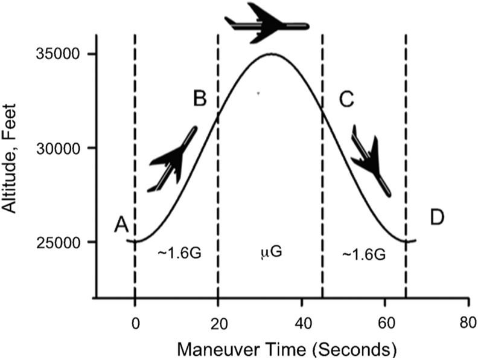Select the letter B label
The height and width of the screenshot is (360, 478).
click(x=200, y=99)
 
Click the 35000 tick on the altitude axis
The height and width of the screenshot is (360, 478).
click(x=60, y=54)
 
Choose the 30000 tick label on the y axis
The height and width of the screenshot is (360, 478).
click(x=60, y=148)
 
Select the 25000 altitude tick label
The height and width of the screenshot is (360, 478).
click(x=60, y=242)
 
